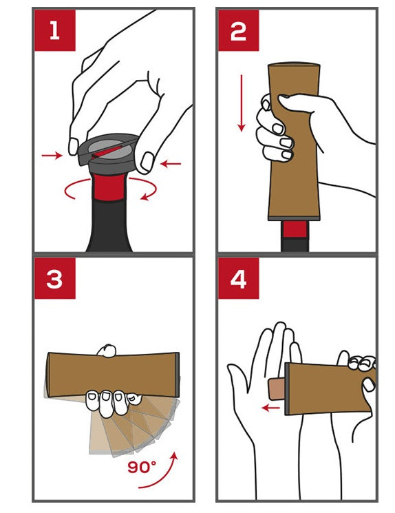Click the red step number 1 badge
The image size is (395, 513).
pos(55,30)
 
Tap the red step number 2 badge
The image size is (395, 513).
pos(238,30)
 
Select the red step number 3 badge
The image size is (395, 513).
pos(55,278)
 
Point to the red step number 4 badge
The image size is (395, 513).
pos(238,278)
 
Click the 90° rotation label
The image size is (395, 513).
pos(142,467)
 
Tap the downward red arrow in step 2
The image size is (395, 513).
pos(242,103)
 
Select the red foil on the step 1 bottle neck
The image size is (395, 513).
pos(109,187)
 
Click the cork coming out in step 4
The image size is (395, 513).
pos(277,389)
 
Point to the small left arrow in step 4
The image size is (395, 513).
pos(270,408)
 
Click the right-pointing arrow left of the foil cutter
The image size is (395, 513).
pos(52,156)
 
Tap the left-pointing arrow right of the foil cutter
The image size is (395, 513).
pos(171,163)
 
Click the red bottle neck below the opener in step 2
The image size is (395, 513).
pos(295,229)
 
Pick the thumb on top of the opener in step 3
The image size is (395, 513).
pos(107,350)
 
